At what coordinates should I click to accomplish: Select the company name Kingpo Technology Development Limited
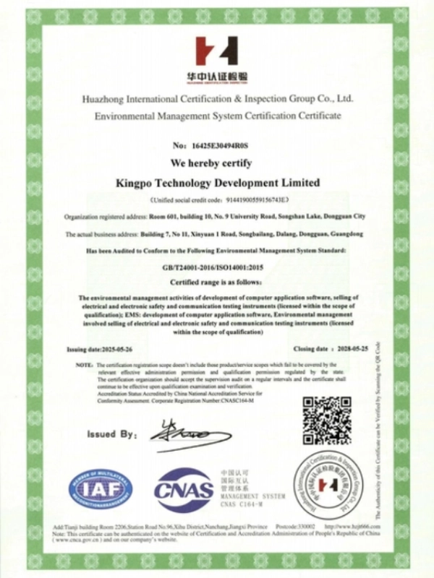(x=217, y=183)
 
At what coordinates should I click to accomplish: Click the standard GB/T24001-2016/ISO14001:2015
(x=217, y=267)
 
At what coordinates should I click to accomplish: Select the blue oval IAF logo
(x=101, y=489)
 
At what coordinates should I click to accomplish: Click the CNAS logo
(x=184, y=489)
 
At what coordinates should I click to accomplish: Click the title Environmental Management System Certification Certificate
(x=218, y=115)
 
